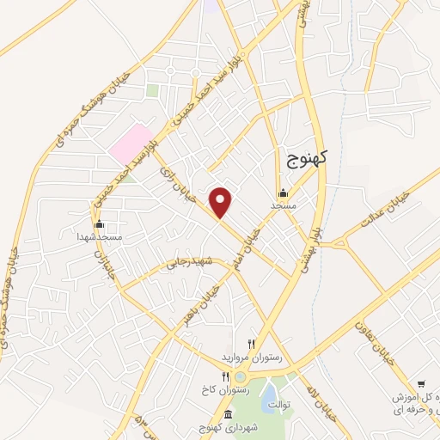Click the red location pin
click(222, 203)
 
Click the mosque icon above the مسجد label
click(283, 193)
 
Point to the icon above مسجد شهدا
click(100, 223)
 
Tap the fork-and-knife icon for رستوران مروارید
click(251, 344)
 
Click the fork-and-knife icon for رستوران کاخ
click(224, 376)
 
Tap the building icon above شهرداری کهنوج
click(228, 416)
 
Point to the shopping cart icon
click(421, 384)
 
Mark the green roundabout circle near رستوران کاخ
click(241, 377)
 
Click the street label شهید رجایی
click(188, 261)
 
